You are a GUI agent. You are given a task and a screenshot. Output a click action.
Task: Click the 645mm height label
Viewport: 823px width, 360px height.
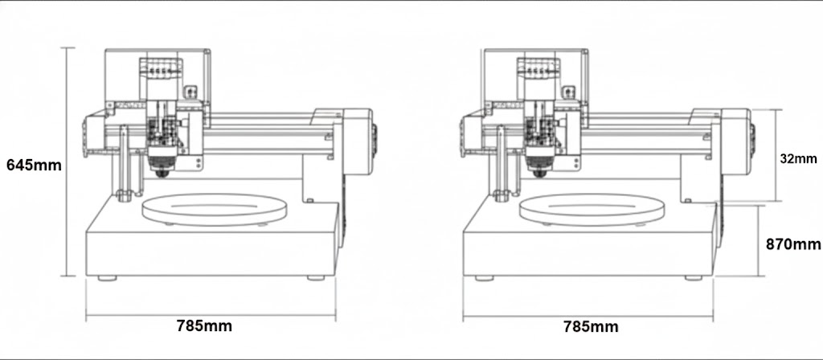pyautogui.click(x=34, y=165)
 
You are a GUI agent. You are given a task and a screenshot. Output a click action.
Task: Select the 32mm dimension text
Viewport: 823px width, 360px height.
pyautogui.click(x=798, y=158)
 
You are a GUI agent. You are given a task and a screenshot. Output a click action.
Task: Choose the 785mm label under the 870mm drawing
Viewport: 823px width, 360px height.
pyautogui.click(x=591, y=326)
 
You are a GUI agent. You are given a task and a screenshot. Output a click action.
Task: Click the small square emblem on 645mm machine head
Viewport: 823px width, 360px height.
pyautogui.click(x=191, y=92)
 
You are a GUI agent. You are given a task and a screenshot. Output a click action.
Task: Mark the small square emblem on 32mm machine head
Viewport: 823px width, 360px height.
pyautogui.click(x=570, y=92)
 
